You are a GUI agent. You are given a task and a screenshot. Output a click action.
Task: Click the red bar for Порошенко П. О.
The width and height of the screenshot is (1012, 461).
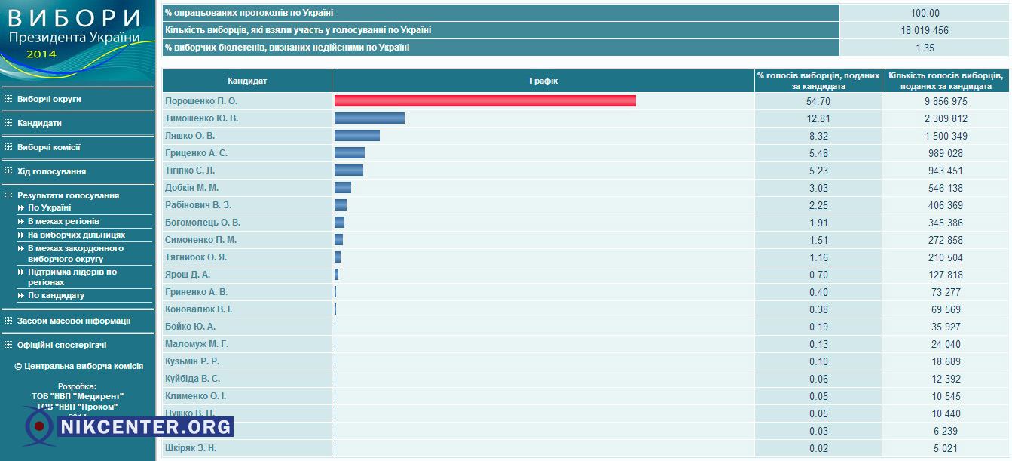[x=485, y=101]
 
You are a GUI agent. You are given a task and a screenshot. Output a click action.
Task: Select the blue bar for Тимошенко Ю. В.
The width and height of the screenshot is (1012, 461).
[x=369, y=118]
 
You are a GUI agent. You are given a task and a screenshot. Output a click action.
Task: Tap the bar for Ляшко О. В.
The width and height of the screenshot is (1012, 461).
[x=357, y=136]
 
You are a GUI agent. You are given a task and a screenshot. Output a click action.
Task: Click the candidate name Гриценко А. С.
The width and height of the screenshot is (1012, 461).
[x=196, y=153]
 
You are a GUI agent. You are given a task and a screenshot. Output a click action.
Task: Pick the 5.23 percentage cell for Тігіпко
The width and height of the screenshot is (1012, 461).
[x=817, y=171]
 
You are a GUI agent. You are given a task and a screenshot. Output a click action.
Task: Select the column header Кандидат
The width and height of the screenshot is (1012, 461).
[x=247, y=81]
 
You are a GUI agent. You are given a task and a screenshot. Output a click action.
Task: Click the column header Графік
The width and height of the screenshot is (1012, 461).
[x=543, y=81]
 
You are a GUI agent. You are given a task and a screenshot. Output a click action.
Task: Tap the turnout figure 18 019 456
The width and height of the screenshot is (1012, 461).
[x=925, y=31]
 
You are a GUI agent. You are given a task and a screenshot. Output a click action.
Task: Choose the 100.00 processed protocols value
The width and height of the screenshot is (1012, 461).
[x=925, y=14]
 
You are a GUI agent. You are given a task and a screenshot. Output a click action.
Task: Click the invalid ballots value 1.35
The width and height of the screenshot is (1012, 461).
[x=925, y=48]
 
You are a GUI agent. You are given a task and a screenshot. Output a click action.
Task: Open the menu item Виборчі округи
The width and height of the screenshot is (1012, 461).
[x=49, y=99]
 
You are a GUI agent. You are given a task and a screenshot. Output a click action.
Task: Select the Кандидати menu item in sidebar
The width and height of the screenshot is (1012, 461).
[x=39, y=123]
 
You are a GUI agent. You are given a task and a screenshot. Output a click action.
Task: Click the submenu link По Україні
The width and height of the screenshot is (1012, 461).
[x=49, y=207]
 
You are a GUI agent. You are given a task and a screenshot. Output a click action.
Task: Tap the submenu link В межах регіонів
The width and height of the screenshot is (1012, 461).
[x=63, y=221]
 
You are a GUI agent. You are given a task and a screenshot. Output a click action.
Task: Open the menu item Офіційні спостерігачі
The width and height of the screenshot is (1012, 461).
[x=62, y=345]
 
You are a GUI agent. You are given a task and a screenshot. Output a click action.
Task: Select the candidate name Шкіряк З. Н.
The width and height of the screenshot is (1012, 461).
[x=191, y=448]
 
